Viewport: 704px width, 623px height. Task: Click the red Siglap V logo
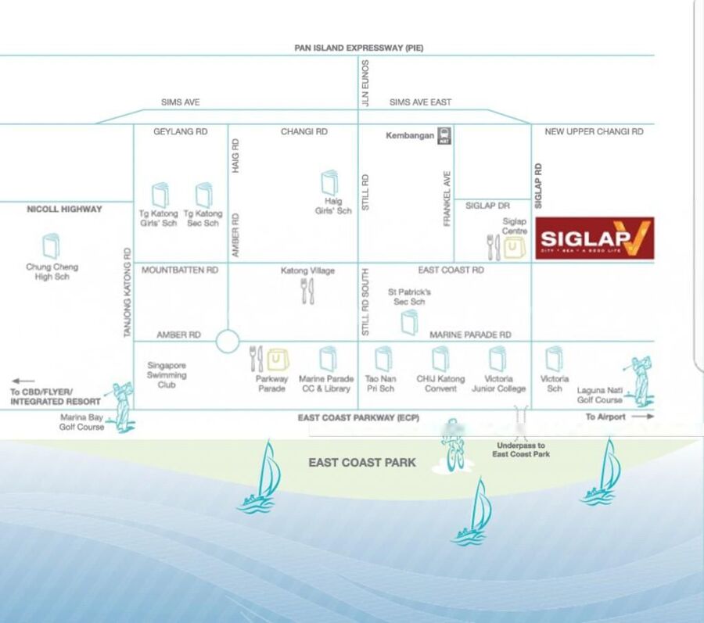(594, 238)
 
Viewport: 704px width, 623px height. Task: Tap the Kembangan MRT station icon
(444, 135)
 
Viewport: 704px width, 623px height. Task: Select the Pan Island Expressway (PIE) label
(359, 48)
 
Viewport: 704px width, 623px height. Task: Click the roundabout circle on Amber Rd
(228, 342)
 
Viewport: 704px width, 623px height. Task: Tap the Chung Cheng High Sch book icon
(52, 245)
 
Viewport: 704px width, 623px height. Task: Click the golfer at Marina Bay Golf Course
(122, 404)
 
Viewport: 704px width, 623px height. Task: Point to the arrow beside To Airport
(642, 417)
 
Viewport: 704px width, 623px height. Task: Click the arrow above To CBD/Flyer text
(23, 381)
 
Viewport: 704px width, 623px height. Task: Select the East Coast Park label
(362, 463)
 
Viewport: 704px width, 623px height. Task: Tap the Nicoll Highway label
(64, 209)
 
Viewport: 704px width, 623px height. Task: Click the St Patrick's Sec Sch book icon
(410, 322)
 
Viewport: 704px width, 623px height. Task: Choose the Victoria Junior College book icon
(498, 359)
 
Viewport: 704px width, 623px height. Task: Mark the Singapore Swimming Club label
(167, 374)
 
